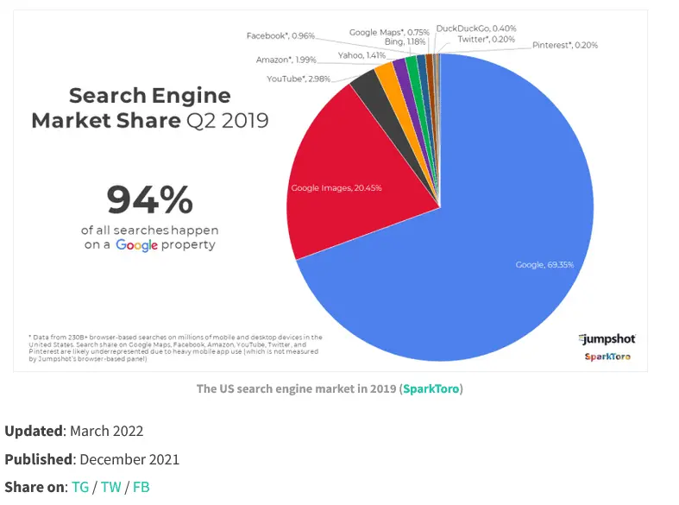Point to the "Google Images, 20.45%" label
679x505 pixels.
(x=336, y=187)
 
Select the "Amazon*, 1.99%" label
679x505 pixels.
(x=286, y=60)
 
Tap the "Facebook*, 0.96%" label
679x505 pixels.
(x=280, y=35)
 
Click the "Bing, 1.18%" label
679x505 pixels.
(x=404, y=41)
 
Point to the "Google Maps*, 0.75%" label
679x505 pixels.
(x=388, y=32)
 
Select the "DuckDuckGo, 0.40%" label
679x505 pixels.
(x=475, y=28)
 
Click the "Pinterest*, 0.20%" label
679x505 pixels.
(x=564, y=45)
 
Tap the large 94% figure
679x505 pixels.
(x=149, y=200)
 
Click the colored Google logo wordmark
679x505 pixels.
(x=136, y=245)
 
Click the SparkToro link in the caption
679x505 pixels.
(x=432, y=388)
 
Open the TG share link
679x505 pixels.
(x=80, y=487)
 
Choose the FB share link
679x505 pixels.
(x=141, y=487)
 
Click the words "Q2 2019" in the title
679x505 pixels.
(x=227, y=120)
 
